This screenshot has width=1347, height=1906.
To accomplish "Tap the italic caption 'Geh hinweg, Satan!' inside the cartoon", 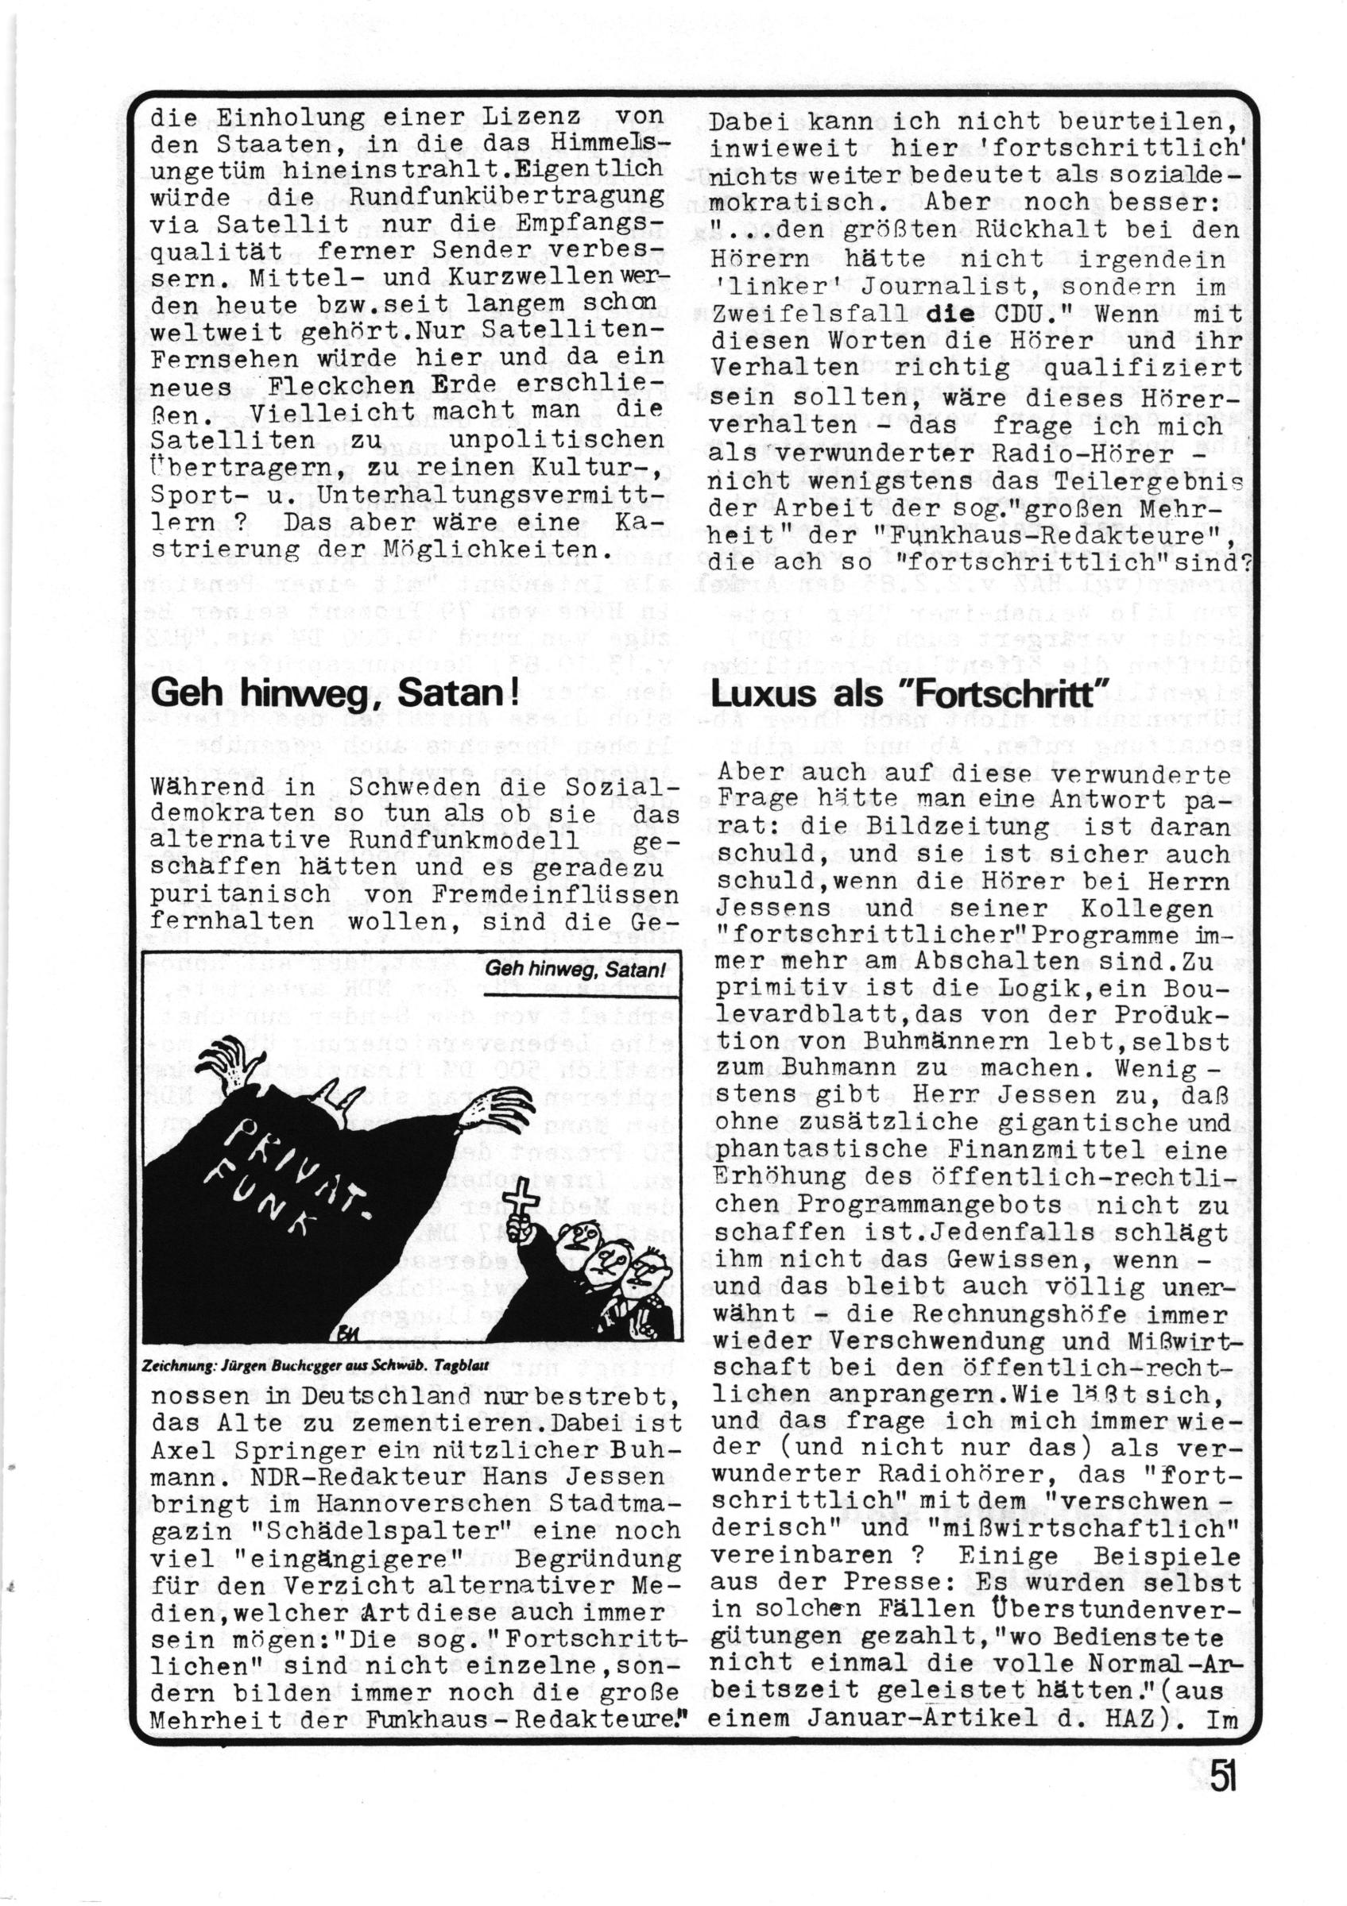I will point(577,969).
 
